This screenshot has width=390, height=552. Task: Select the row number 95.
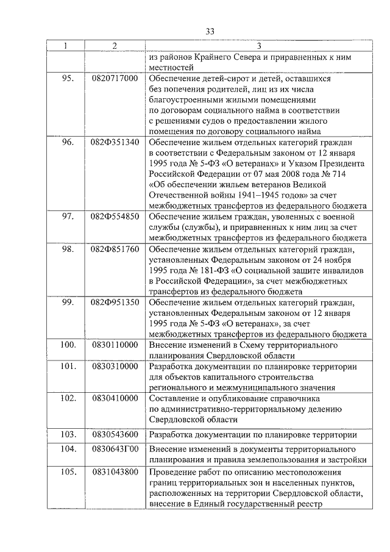68,79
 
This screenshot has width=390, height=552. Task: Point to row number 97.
68,217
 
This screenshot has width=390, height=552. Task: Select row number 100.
68,345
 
